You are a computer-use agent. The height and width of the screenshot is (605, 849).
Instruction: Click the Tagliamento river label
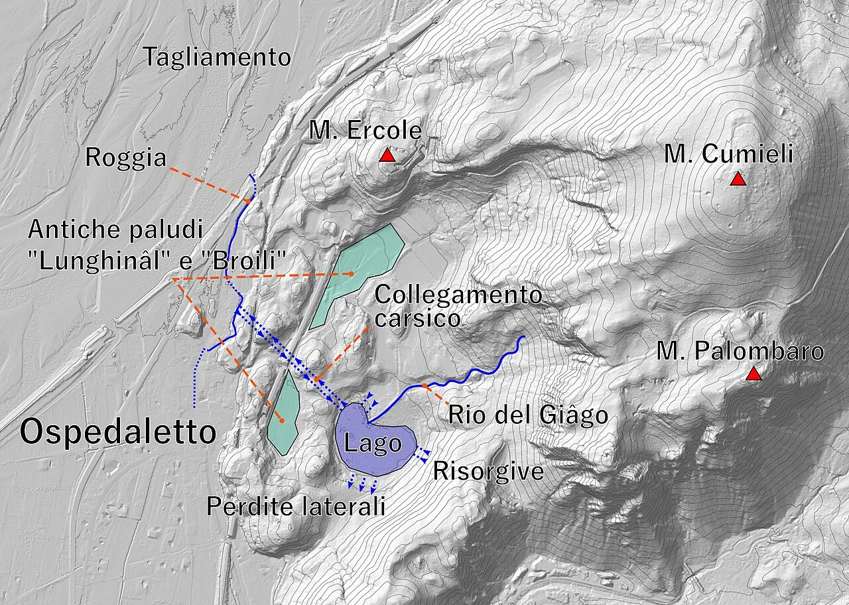(x=217, y=58)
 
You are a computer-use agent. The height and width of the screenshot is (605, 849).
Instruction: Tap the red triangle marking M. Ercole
(x=387, y=156)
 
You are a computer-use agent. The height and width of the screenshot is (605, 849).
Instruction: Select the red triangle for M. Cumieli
(x=737, y=179)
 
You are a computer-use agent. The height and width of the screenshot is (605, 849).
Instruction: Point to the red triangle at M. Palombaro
(x=753, y=374)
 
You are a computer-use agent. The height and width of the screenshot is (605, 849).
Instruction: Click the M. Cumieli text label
(x=728, y=155)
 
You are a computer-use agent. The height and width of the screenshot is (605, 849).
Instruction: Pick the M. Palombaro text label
(x=740, y=352)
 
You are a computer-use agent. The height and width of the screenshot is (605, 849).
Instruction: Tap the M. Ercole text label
(x=365, y=131)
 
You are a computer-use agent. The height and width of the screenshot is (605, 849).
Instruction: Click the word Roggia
(x=125, y=158)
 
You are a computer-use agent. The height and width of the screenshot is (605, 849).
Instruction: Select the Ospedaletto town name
(x=118, y=433)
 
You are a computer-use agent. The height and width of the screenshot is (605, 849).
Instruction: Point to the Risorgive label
(x=488, y=471)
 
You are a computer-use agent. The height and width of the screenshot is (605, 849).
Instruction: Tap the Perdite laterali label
(x=296, y=506)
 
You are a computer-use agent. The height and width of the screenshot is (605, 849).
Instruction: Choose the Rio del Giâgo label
(x=528, y=415)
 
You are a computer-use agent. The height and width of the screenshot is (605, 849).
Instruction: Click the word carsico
(x=417, y=318)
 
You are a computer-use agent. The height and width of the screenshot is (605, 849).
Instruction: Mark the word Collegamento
(x=458, y=295)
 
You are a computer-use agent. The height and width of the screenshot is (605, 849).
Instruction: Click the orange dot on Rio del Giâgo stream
(x=424, y=385)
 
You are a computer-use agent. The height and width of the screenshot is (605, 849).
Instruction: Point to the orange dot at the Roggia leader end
(x=247, y=200)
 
